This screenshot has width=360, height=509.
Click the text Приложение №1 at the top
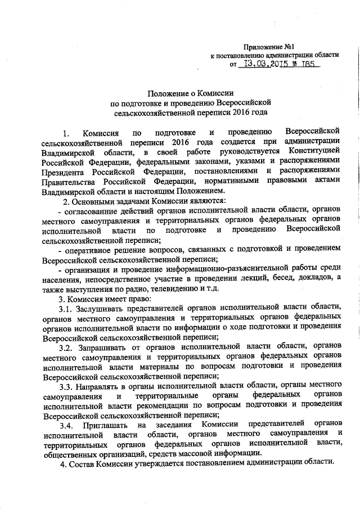[273, 46]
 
